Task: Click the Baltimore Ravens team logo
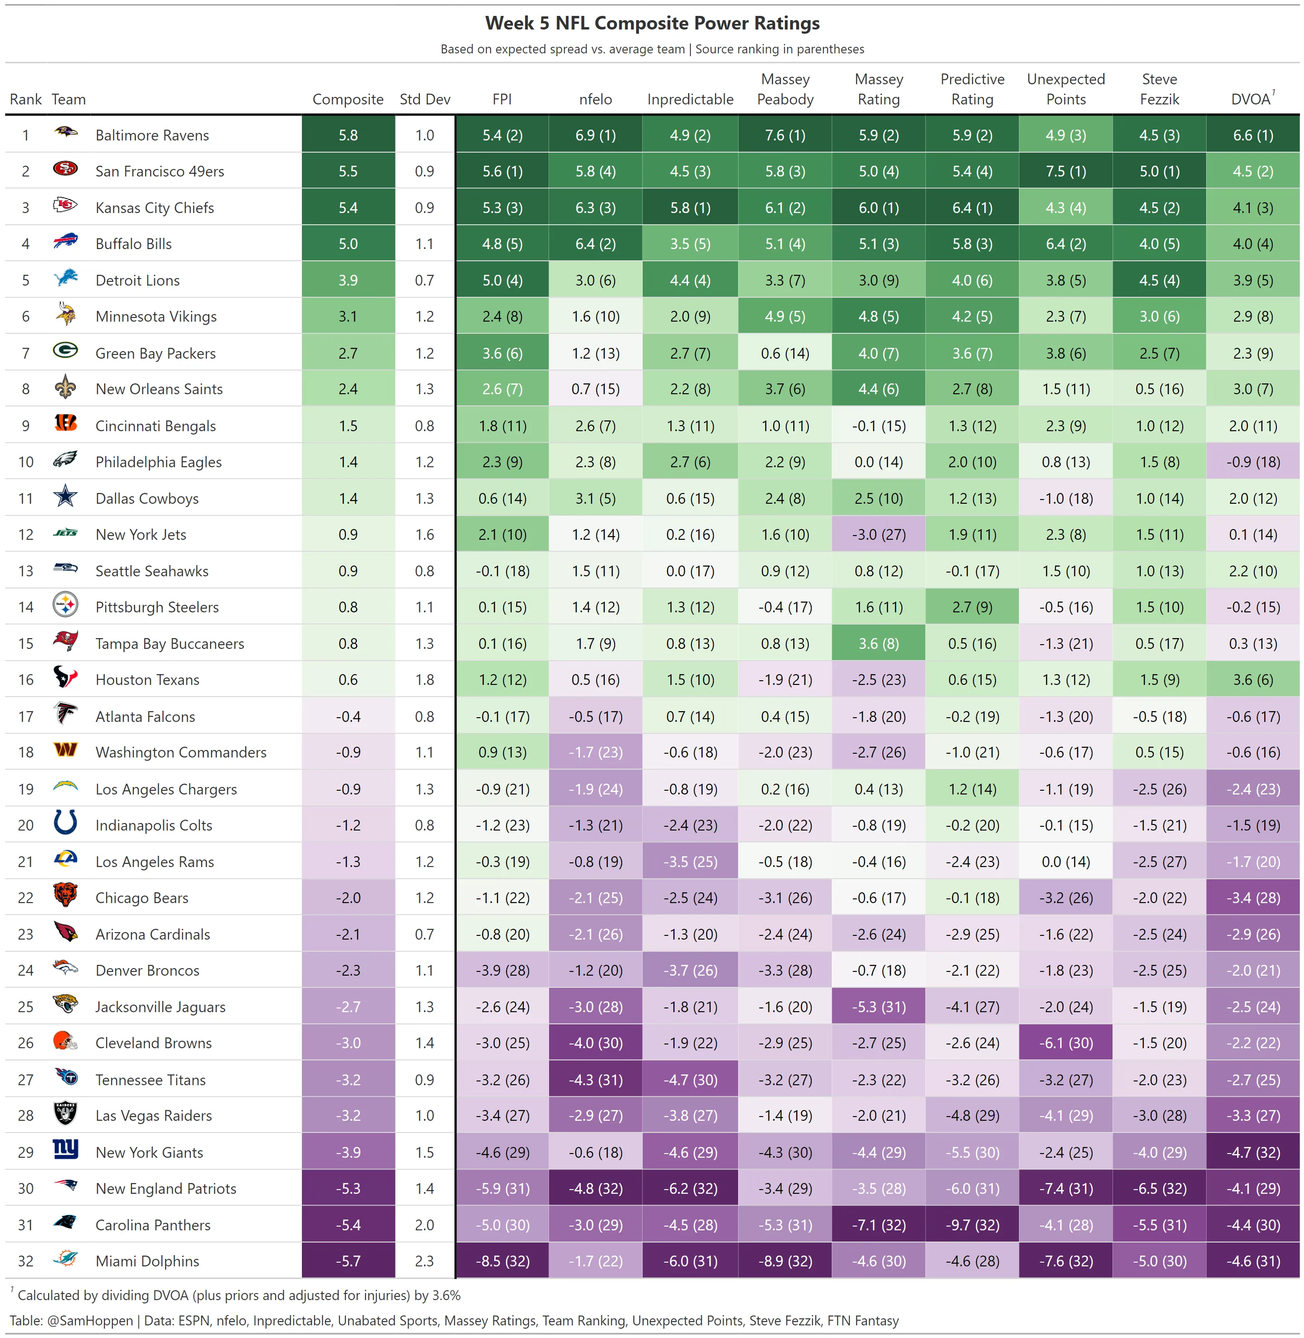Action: (x=66, y=132)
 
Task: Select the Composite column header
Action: (x=348, y=99)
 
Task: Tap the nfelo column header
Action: (x=595, y=99)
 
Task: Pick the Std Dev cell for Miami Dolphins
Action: (x=425, y=1261)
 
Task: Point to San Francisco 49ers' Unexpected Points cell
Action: (x=1066, y=171)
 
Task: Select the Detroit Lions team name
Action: (x=138, y=280)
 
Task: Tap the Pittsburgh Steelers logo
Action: (x=66, y=605)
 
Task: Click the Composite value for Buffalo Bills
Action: (x=348, y=244)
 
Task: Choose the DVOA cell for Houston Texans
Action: (x=1253, y=680)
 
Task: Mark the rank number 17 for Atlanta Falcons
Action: (x=26, y=717)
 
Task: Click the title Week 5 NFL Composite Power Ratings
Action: (x=652, y=23)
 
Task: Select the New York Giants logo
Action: (x=66, y=1149)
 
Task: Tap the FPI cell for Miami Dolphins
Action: (x=502, y=1261)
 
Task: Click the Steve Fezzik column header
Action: (x=1159, y=89)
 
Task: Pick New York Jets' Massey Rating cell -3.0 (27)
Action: (x=879, y=534)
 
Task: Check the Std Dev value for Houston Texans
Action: (x=425, y=680)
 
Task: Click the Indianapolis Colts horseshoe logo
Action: (x=66, y=822)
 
